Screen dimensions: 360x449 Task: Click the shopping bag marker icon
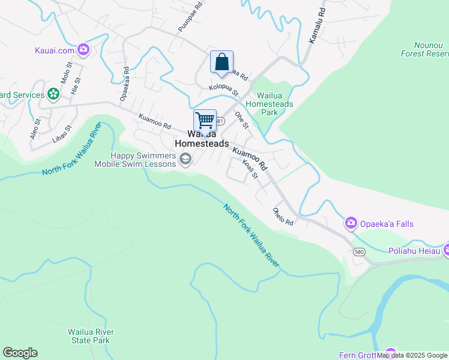[221, 61]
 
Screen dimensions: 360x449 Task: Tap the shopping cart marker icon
[205, 120]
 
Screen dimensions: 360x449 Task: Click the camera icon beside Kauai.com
[83, 50]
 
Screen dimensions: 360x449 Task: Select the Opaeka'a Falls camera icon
[351, 224]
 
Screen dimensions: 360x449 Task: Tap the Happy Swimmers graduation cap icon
[185, 159]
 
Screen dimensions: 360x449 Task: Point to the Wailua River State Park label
[91, 336]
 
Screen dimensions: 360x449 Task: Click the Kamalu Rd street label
[317, 25]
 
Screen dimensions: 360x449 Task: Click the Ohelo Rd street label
[283, 217]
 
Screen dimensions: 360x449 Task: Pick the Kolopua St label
[223, 90]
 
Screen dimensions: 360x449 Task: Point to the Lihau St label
[61, 133]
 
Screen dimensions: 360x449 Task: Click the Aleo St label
[35, 129]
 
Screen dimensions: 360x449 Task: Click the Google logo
[20, 353]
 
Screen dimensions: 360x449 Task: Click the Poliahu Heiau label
[414, 251]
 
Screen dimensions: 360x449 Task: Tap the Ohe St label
[241, 119]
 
